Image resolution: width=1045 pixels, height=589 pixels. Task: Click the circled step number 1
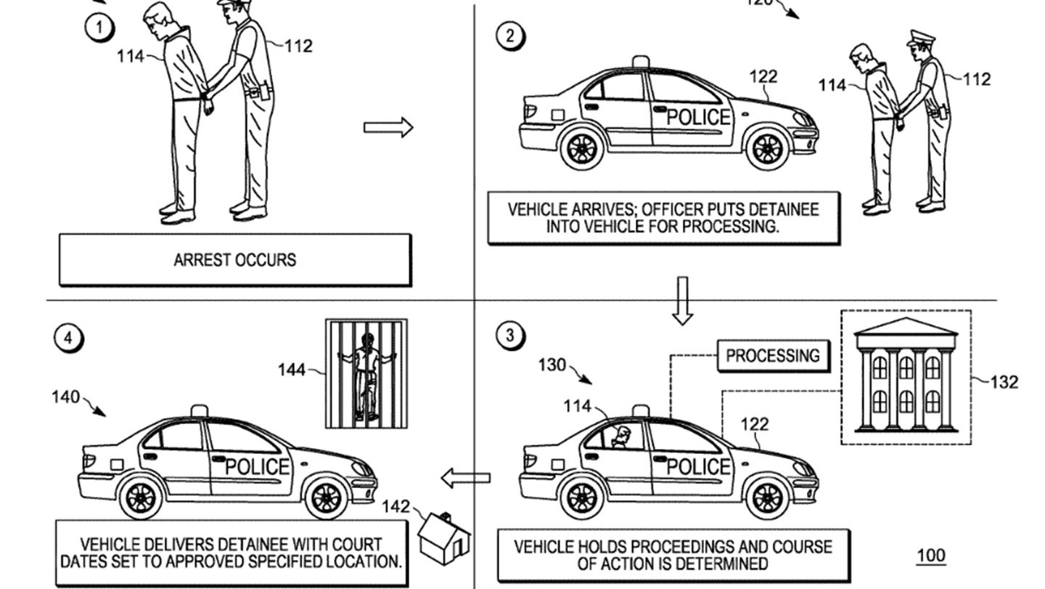(x=99, y=28)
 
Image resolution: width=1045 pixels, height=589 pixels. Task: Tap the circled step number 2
(x=510, y=36)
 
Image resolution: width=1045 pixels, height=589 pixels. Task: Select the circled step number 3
(x=510, y=335)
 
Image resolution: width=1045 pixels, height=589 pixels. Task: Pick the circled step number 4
(x=69, y=338)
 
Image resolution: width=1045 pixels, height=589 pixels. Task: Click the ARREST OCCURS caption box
(x=234, y=260)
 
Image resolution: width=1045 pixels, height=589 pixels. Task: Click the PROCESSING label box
(x=773, y=356)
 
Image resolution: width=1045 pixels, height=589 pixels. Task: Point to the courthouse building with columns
(x=905, y=377)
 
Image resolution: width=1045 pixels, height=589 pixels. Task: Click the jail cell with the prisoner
(x=366, y=373)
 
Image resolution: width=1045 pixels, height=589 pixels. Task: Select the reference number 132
(x=1004, y=382)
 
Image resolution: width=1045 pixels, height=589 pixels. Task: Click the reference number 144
(x=292, y=370)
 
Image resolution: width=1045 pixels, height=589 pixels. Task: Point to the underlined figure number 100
(x=931, y=556)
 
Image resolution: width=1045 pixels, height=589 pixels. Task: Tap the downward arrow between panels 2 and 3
(x=682, y=299)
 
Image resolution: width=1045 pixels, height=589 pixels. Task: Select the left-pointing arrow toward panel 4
(x=466, y=478)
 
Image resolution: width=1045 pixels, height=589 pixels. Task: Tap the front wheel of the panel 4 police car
(x=326, y=497)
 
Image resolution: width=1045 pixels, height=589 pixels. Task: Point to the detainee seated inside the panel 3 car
(x=621, y=436)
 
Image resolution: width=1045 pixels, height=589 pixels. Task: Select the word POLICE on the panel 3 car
(x=698, y=466)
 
